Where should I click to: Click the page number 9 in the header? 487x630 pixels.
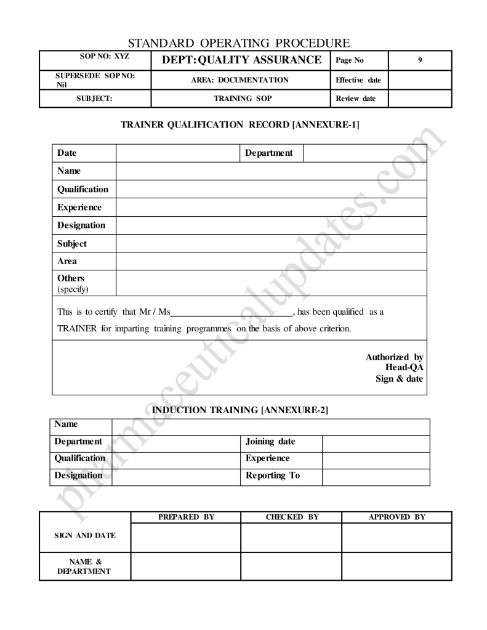(x=419, y=60)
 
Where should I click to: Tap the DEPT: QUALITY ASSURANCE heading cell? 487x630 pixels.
(x=241, y=60)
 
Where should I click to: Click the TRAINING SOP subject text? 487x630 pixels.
(x=243, y=99)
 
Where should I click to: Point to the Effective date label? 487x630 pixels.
(x=358, y=80)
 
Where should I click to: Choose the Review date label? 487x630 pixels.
(x=355, y=99)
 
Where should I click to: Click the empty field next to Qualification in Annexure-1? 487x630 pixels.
(x=271, y=189)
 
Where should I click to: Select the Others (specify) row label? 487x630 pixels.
(x=73, y=283)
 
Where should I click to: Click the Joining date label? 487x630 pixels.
(x=270, y=442)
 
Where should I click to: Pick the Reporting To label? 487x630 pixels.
(x=273, y=475)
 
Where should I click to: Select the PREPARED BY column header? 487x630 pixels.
(x=186, y=517)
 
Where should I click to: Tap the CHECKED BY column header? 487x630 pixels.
(x=292, y=517)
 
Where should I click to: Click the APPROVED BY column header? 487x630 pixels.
(x=396, y=517)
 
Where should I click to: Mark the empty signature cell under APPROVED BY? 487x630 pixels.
(x=396, y=538)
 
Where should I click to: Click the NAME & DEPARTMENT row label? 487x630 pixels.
(x=84, y=567)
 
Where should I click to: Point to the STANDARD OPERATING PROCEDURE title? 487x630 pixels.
(x=239, y=43)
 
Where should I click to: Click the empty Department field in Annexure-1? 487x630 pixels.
(x=364, y=153)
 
